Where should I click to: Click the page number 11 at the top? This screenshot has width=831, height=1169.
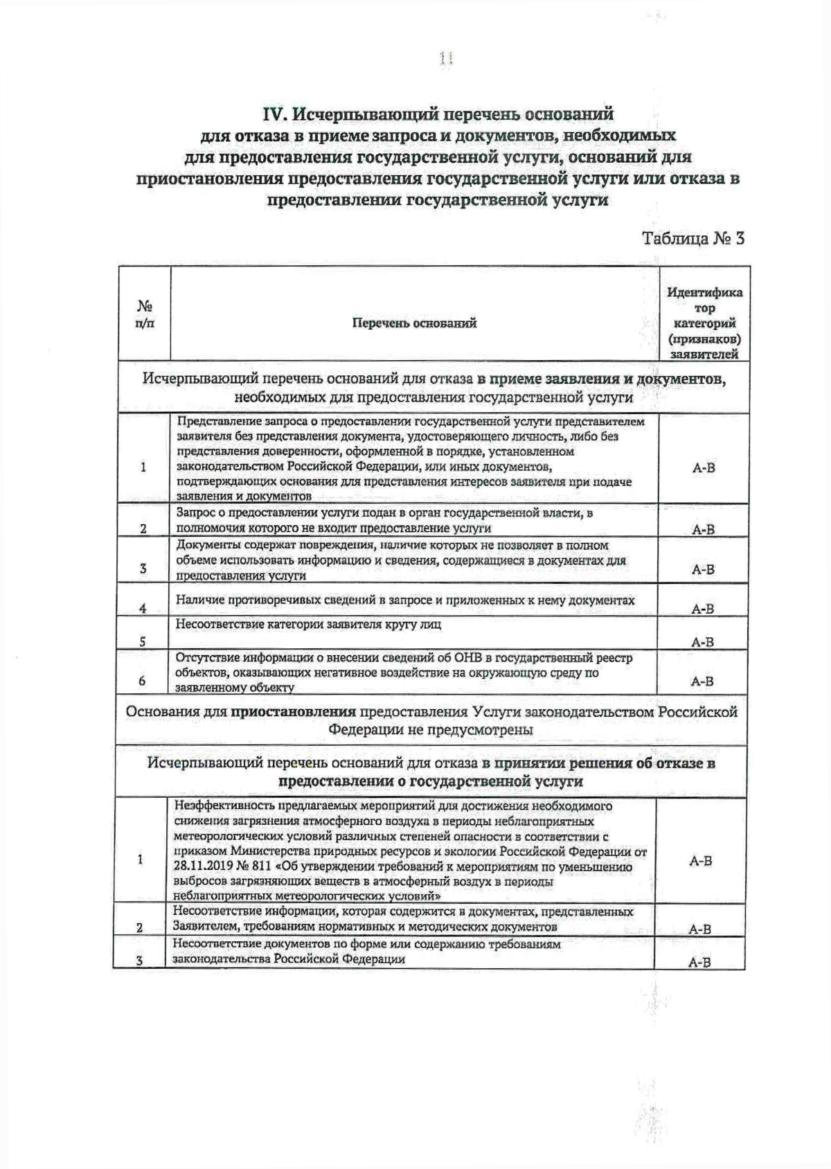445,60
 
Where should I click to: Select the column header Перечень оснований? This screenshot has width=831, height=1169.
414,323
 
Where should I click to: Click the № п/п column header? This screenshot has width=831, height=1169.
144,314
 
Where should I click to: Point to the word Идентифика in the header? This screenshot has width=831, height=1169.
704,292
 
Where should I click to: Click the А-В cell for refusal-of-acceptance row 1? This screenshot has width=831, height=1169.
703,467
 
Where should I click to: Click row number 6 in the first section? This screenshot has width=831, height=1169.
142,681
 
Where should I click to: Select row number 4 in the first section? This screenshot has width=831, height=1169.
143,609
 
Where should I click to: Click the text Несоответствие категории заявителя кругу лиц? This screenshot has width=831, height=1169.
308,624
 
